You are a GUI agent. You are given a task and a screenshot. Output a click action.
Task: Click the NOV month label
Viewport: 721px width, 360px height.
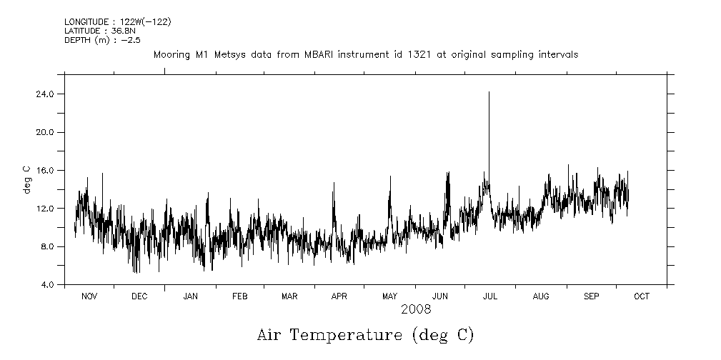(x=89, y=296)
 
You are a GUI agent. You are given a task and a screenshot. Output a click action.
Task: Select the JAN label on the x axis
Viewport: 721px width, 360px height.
(x=190, y=296)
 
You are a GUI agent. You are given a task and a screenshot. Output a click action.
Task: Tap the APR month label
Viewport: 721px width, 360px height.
(x=339, y=296)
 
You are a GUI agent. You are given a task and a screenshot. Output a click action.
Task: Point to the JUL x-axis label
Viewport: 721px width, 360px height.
(x=490, y=296)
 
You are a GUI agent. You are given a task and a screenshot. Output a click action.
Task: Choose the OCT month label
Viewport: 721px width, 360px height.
(x=641, y=296)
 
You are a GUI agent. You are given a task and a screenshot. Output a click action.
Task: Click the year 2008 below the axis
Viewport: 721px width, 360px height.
(x=416, y=309)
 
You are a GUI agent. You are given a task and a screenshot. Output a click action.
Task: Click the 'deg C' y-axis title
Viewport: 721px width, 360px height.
(x=26, y=179)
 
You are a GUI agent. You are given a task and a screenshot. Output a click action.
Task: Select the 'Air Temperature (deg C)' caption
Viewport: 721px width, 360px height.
(x=365, y=335)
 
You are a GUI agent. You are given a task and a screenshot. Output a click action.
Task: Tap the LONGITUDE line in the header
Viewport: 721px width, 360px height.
(x=117, y=22)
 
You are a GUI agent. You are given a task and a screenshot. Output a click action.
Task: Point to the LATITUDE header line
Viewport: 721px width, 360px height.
(x=96, y=31)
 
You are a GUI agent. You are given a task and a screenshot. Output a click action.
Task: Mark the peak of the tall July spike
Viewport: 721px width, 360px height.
(x=489, y=92)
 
